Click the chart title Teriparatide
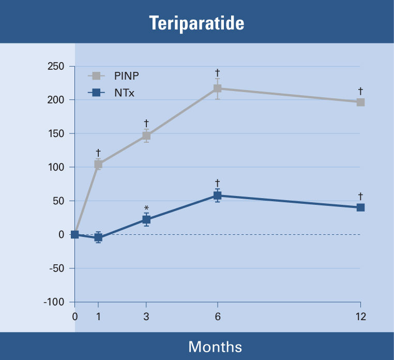tap(196, 23)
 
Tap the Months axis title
tap(215, 346)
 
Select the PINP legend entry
tap(127, 77)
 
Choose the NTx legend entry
tap(124, 93)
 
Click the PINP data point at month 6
tap(218, 88)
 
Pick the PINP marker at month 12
tap(360, 102)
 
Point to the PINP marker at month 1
tap(98, 164)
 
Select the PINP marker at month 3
tap(146, 136)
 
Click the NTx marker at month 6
tap(218, 196)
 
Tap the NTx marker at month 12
tap(360, 207)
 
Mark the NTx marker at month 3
tap(146, 220)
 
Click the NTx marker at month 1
tap(98, 237)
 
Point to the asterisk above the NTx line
tap(146, 208)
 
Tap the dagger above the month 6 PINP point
tap(218, 72)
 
